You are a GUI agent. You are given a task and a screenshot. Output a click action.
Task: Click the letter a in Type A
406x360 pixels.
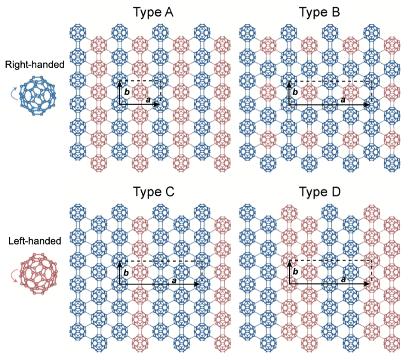(147, 99)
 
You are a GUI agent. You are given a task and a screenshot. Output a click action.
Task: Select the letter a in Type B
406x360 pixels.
(343, 99)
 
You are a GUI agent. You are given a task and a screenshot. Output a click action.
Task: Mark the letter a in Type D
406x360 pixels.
(343, 279)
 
